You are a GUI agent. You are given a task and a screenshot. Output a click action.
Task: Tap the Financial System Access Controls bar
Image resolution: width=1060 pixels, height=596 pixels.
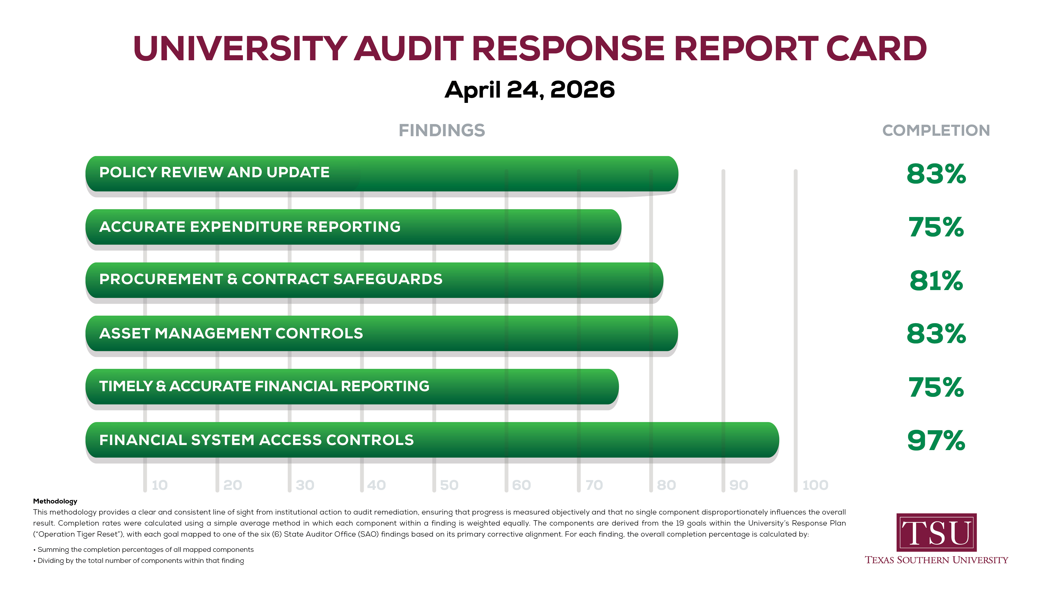pos(432,440)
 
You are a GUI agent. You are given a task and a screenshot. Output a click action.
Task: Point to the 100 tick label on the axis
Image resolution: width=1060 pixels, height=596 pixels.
pos(815,485)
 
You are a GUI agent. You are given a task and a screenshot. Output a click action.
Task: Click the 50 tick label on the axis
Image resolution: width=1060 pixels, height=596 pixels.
pos(449,485)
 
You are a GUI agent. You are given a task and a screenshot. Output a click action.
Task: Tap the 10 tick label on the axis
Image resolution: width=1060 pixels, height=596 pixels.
pos(160,485)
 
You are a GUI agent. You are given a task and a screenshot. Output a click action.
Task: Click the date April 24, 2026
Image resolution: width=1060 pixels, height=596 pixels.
pos(530,90)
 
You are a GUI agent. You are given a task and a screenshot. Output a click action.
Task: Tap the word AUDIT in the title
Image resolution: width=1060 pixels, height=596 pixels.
pos(409,49)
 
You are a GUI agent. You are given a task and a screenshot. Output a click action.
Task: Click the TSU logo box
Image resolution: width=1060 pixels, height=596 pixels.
pos(936,532)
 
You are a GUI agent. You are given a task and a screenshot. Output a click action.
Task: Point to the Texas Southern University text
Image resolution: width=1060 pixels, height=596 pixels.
pos(936,560)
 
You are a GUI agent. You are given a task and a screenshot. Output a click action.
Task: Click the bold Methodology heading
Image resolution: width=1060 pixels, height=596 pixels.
pos(55,501)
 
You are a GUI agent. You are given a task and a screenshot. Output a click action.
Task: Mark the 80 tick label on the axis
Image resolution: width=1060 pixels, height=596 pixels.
pos(666,485)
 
